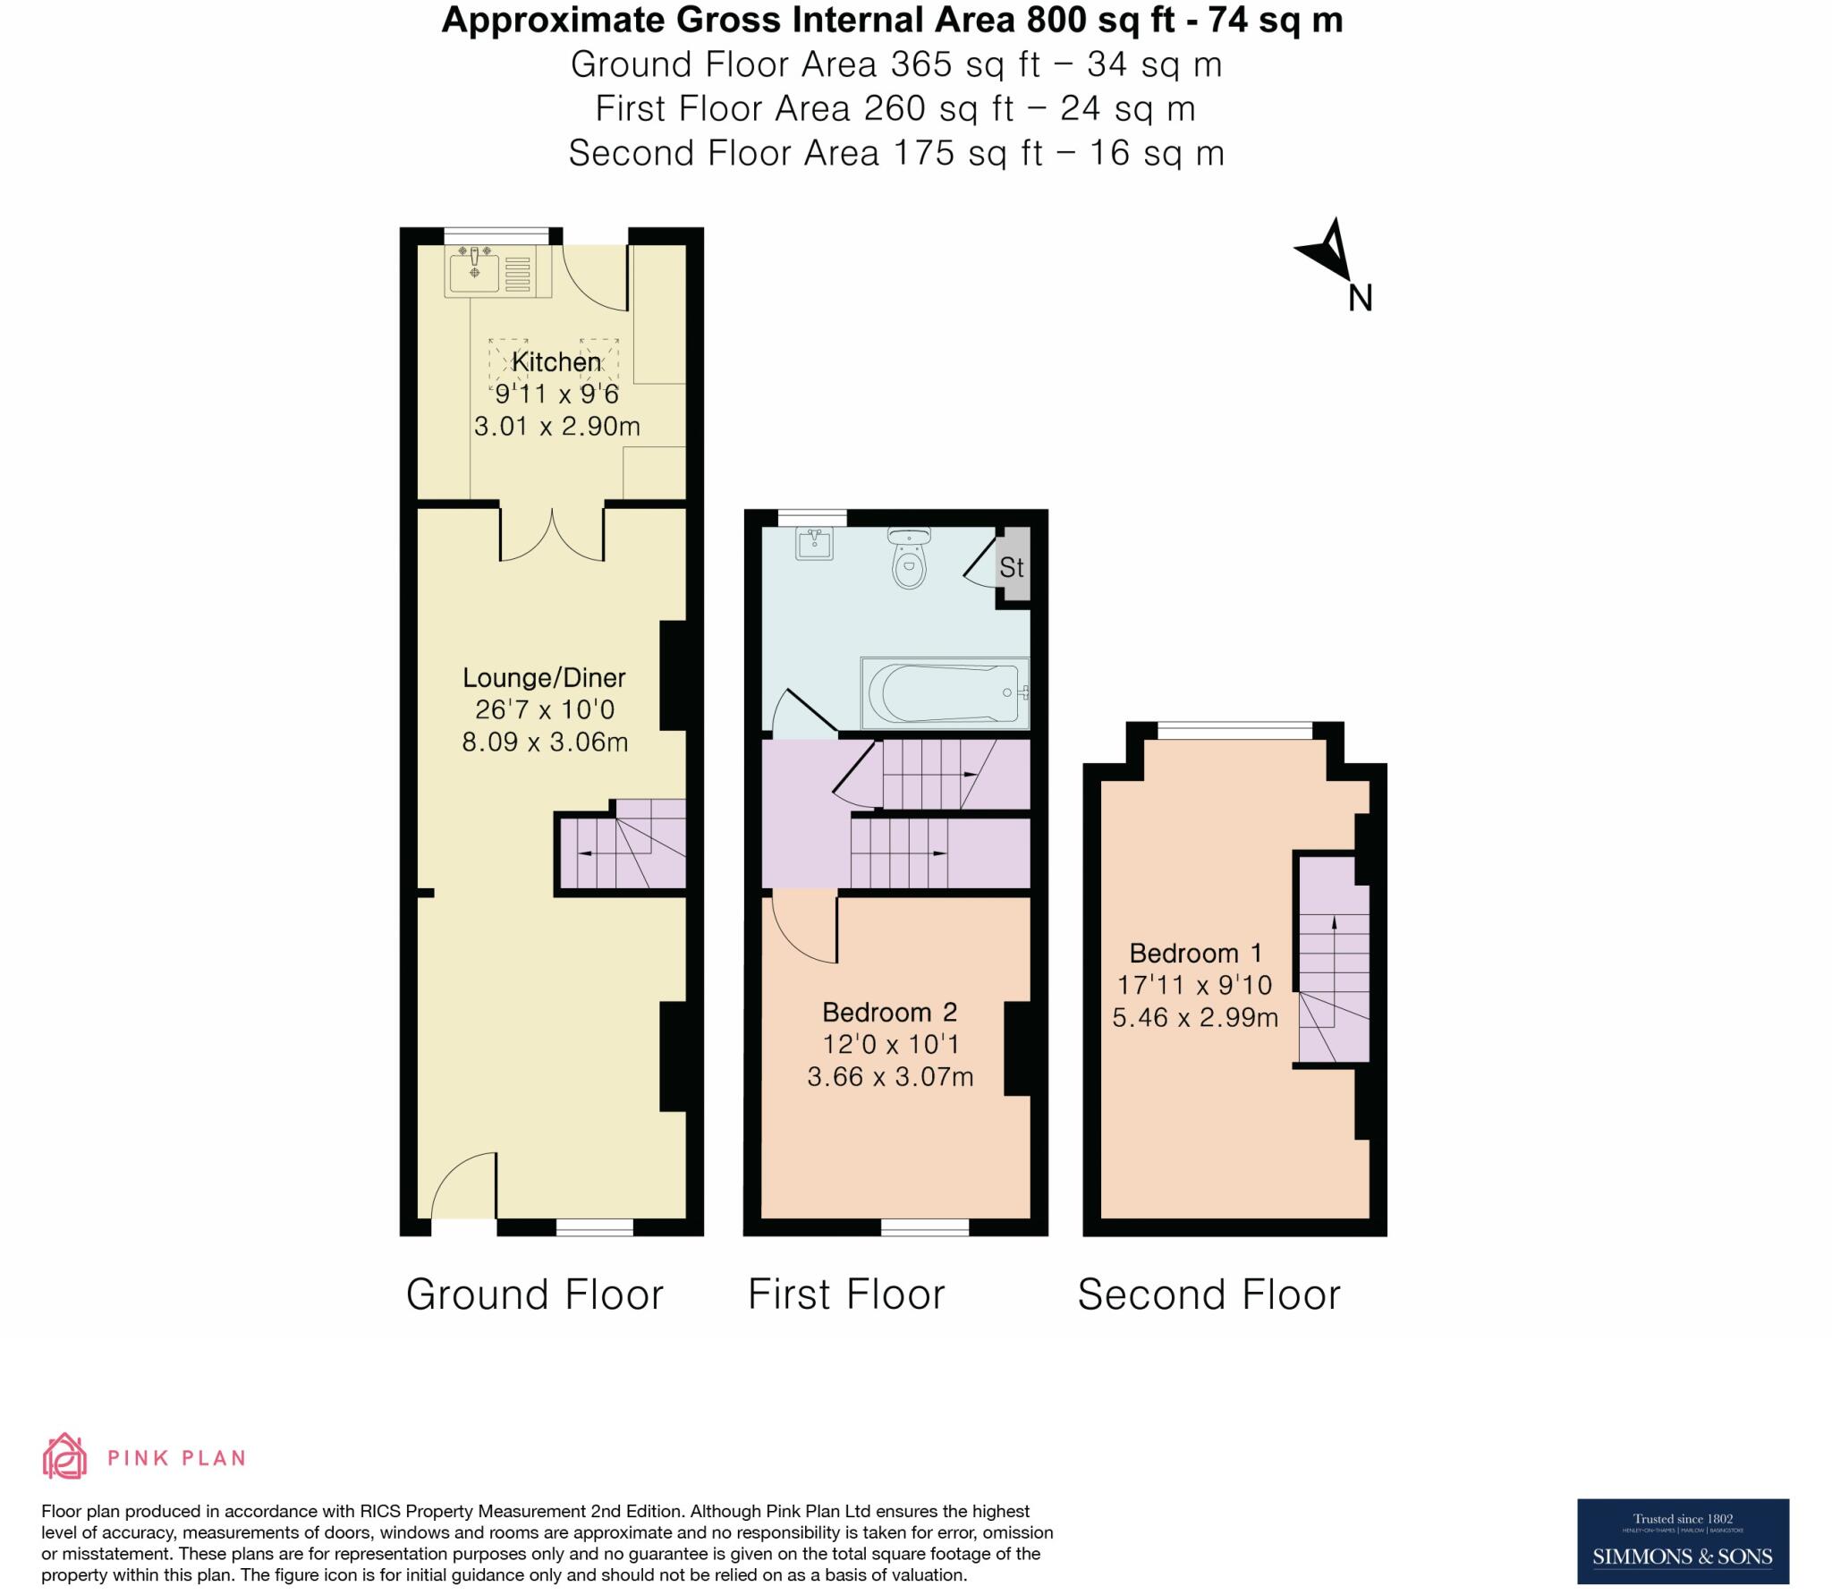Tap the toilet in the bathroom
click(909, 559)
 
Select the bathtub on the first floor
click(945, 693)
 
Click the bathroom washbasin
click(814, 543)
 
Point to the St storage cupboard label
click(1012, 568)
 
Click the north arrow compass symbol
click(1328, 255)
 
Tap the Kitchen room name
click(556, 362)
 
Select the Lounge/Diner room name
click(544, 678)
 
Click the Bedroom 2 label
click(889, 1013)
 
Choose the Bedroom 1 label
click(1195, 953)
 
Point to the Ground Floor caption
click(535, 1294)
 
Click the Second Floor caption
click(1209, 1294)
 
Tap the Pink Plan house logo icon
click(65, 1456)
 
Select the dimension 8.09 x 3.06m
click(544, 742)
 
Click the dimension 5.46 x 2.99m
click(1195, 1017)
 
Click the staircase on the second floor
click(1333, 962)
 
